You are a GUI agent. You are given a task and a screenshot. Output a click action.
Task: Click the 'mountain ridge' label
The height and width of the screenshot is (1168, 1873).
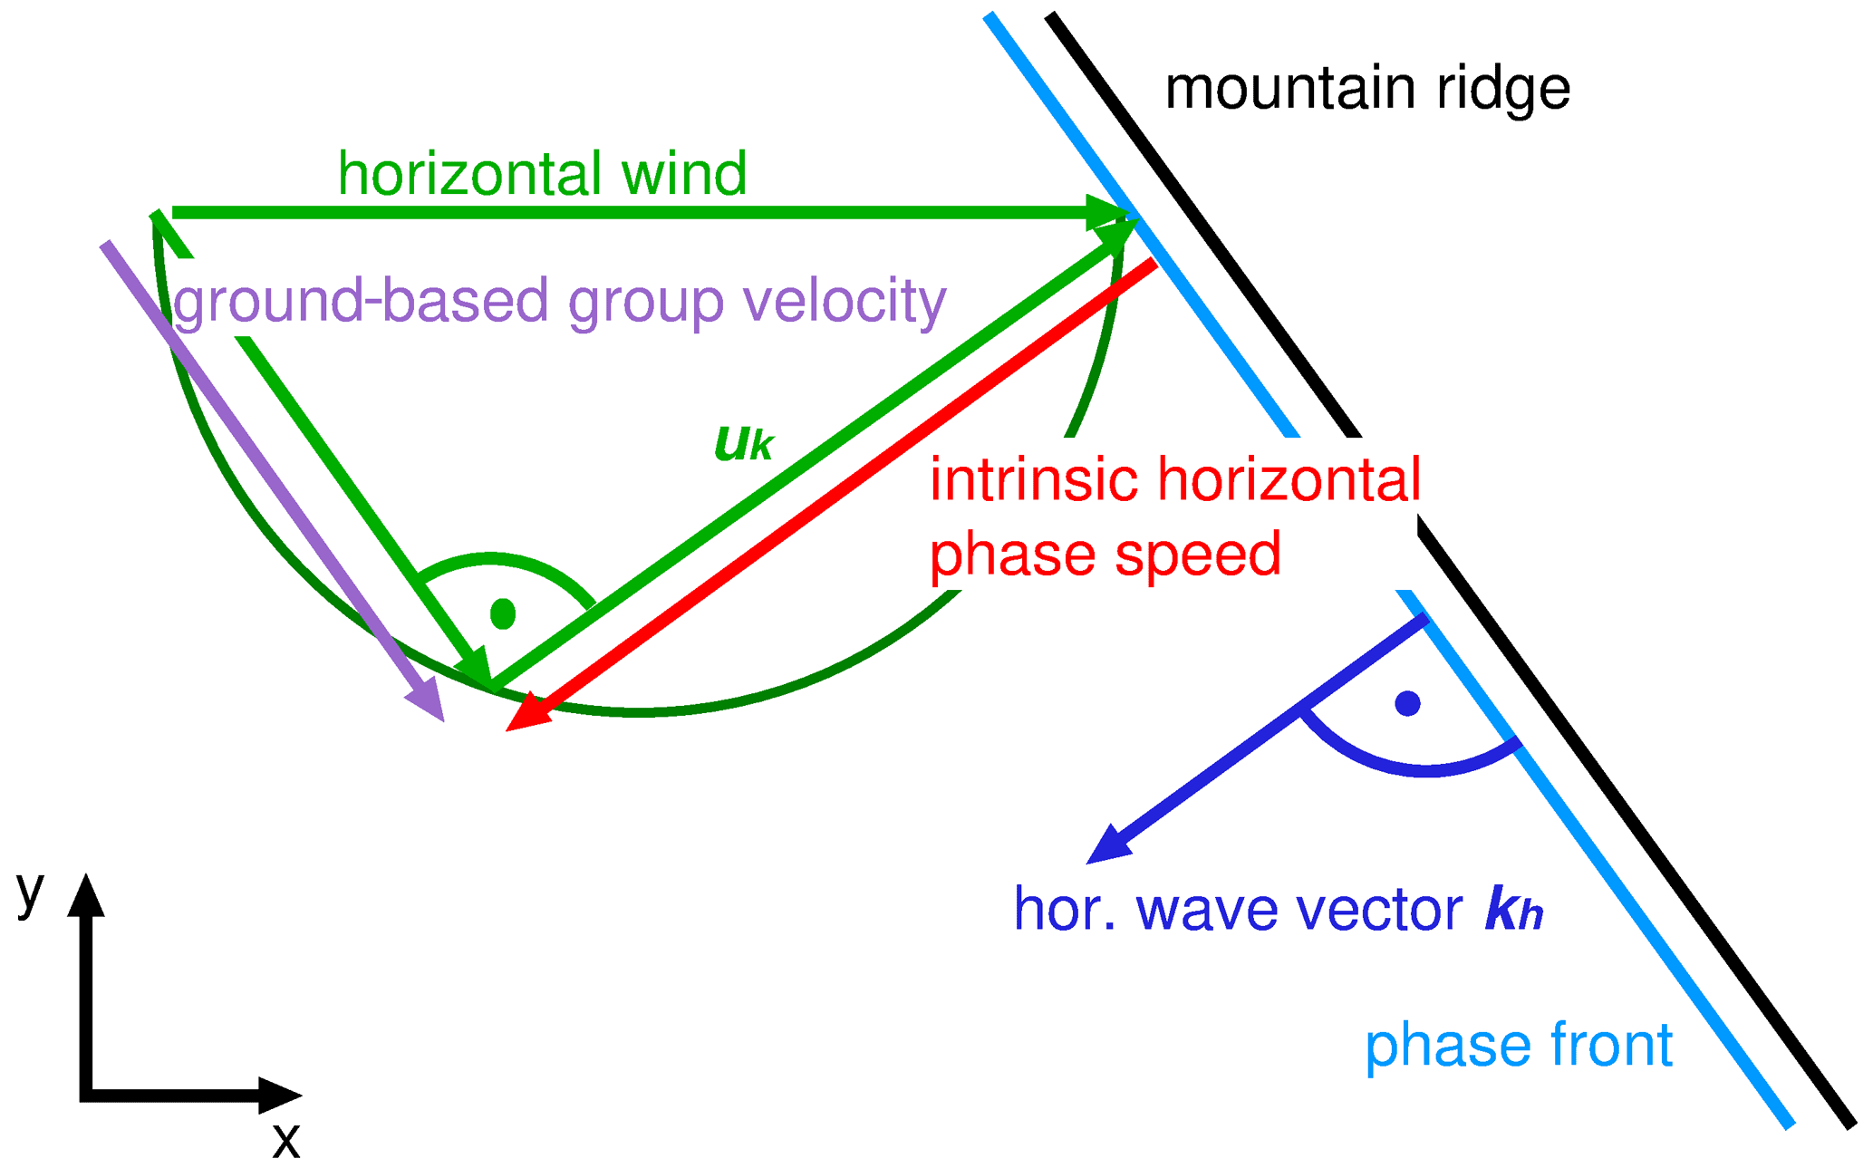pos(1366,89)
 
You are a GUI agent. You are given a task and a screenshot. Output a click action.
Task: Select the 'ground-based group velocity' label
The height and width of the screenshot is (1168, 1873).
pos(559,301)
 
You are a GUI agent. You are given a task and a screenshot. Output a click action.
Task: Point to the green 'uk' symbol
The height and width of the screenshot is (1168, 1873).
pos(743,443)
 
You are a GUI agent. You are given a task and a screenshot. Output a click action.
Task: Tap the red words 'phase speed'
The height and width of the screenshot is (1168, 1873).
pos(1105,554)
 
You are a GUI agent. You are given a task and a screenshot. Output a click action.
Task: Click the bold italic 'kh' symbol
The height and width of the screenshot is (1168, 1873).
pos(1513,909)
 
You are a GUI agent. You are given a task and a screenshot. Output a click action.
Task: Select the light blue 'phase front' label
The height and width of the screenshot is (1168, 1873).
pos(1518,1045)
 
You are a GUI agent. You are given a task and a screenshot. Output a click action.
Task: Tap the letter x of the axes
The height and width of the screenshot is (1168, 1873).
pos(285,1140)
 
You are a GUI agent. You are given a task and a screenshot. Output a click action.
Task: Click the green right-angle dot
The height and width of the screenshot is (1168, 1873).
pos(503,613)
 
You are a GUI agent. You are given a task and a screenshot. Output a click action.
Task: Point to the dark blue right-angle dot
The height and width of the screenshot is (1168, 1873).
pos(1407,703)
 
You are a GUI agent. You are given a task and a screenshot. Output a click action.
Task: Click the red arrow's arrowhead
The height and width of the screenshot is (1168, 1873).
pos(526,716)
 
